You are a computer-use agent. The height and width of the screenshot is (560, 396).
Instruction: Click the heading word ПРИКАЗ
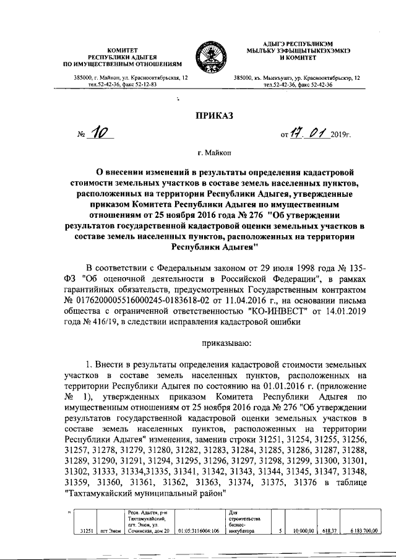199,115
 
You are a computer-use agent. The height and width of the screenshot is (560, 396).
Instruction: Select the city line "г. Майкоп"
198,151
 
